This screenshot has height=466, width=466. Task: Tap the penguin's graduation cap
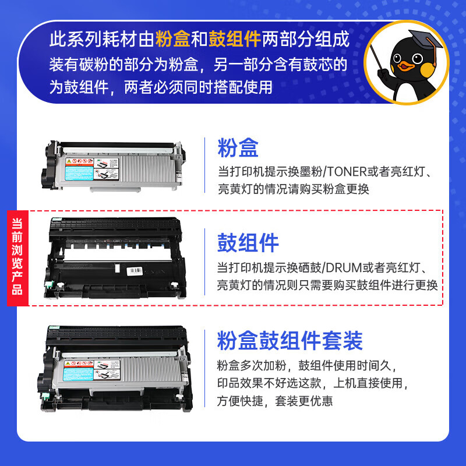424,41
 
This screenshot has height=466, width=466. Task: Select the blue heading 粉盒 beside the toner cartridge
238,148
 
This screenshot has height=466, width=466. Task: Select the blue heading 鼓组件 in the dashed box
248,243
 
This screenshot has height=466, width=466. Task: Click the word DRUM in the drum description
346,267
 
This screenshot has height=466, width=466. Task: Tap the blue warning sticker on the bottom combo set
80,370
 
